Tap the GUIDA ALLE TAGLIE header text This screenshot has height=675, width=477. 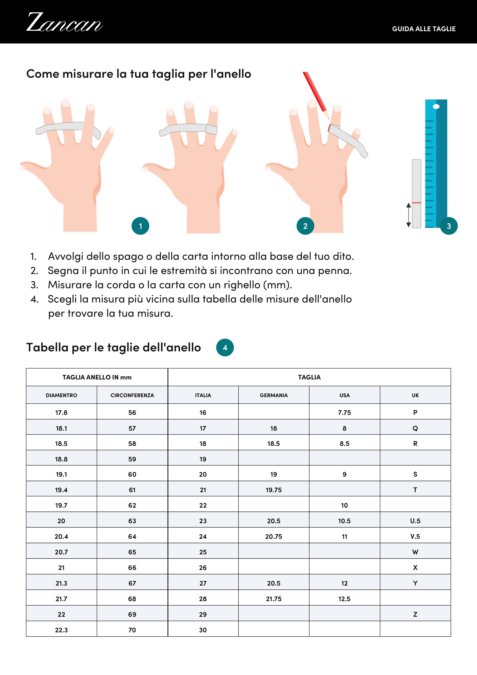[x=424, y=29]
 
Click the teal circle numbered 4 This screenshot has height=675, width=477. [x=225, y=348]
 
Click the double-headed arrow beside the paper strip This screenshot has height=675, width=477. [x=409, y=215]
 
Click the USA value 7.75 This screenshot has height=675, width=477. [x=344, y=413]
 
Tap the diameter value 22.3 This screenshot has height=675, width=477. [x=61, y=630]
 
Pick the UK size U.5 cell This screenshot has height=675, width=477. [x=415, y=521]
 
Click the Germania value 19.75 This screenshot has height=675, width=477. [x=274, y=490]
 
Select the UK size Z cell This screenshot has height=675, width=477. [x=415, y=614]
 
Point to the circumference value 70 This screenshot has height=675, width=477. [x=132, y=630]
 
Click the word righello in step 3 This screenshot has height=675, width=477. [x=242, y=285]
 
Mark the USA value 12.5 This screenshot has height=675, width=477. [x=344, y=599]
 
